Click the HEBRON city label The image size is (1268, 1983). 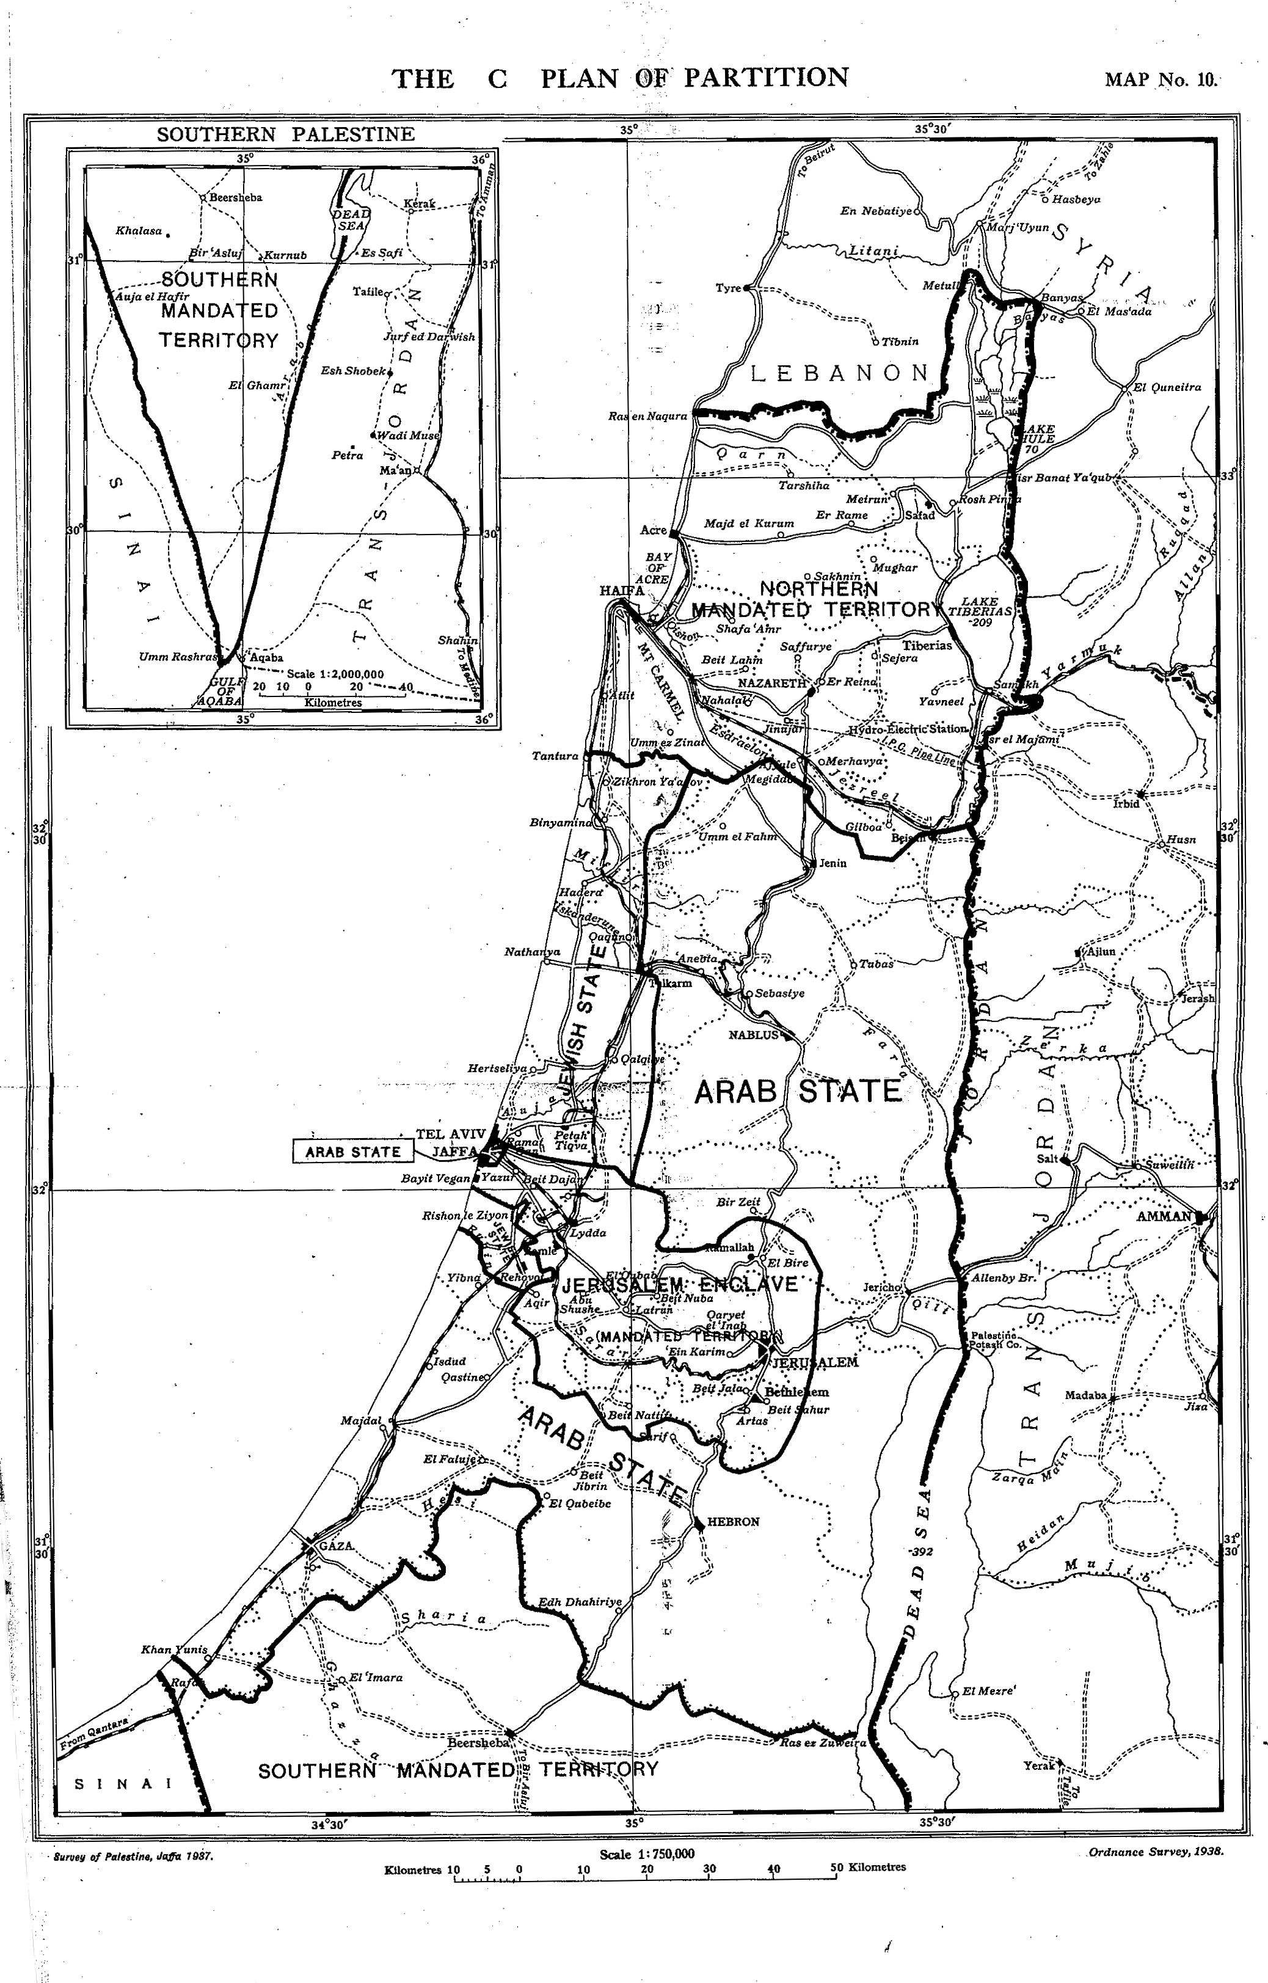733,1522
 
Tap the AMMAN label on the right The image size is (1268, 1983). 1164,1216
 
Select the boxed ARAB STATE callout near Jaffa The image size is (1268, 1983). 352,1152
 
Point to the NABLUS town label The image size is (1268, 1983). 752,1034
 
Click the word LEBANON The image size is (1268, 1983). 840,373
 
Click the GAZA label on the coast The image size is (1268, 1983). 336,1546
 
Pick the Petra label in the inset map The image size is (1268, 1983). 348,455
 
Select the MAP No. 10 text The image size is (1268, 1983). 1159,80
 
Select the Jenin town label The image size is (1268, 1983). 833,863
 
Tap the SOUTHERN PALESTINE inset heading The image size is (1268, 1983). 286,134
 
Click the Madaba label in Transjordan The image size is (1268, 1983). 1085,1395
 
